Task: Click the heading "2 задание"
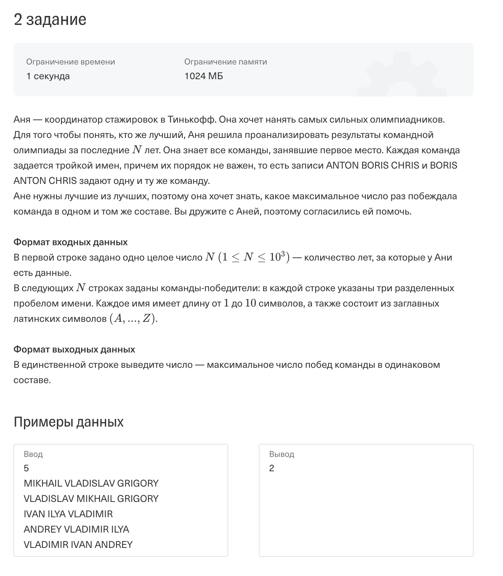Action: click(50, 20)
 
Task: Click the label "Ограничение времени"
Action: click(70, 62)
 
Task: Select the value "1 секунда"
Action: click(48, 76)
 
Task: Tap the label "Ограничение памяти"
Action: click(226, 62)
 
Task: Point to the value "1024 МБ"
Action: click(204, 76)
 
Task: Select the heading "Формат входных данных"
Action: click(70, 242)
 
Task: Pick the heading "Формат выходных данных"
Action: click(74, 350)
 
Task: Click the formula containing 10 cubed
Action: click(247, 257)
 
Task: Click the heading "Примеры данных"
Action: click(68, 422)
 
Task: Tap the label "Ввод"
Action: click(33, 454)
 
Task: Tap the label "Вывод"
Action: click(282, 454)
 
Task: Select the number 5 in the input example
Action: click(26, 468)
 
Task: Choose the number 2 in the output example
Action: click(272, 468)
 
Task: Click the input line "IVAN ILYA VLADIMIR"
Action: click(68, 514)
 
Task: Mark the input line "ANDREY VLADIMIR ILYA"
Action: click(76, 529)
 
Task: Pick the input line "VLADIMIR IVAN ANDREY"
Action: click(78, 545)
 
